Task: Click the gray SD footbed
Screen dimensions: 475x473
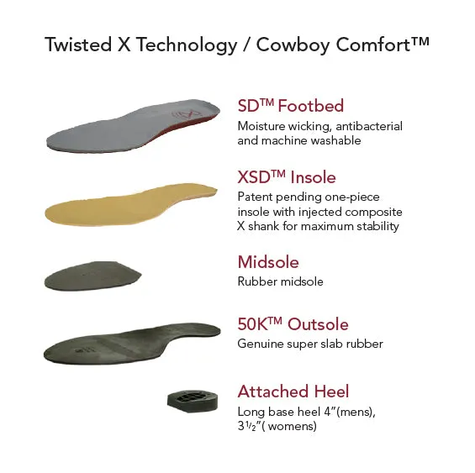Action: [x=134, y=127]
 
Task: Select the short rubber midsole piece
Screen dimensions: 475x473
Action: [x=92, y=276]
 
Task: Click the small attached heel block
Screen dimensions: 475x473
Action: [x=193, y=402]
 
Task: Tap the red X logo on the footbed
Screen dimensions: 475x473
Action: [x=187, y=115]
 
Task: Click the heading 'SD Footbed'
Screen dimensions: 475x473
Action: [x=291, y=106]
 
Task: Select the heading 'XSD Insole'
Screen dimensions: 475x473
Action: [x=287, y=177]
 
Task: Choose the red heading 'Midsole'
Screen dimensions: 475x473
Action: [x=268, y=262]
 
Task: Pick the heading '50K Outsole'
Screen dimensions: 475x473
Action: [x=293, y=324]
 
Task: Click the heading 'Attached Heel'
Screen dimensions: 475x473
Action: [x=293, y=392]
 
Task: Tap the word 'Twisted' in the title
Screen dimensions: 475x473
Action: [x=78, y=45]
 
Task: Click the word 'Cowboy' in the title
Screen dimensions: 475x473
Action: [x=293, y=45]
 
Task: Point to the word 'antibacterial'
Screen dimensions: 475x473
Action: [x=369, y=126]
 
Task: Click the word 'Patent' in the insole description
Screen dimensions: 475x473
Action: [x=255, y=197]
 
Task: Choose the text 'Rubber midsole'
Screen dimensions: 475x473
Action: [x=280, y=281]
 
